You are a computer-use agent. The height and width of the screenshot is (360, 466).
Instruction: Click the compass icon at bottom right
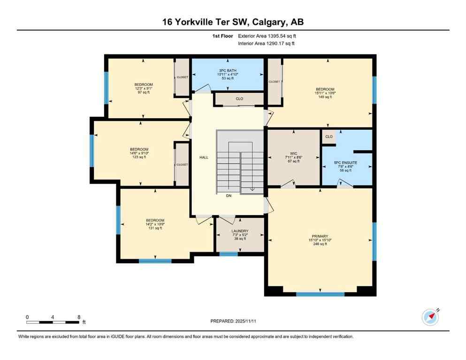pos(430,317)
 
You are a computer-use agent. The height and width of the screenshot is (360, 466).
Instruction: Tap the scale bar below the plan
pos(53,322)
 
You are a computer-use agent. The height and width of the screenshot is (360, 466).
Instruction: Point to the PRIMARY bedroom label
pos(320,236)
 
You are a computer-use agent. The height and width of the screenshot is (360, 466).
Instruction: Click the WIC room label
pos(294,153)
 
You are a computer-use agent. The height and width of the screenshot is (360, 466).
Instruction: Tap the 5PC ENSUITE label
pos(345,163)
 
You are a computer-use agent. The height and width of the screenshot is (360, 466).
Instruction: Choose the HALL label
pos(204,157)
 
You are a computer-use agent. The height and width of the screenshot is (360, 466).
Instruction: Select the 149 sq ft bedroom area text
pos(325,97)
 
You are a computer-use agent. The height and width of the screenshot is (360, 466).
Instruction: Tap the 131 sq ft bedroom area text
pos(155,228)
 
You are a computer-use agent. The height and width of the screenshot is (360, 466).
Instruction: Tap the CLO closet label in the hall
pos(239,99)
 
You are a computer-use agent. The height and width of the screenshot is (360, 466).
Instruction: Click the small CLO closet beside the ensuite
pos(329,137)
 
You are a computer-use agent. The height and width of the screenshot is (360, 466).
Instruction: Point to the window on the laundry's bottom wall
pos(229,254)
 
